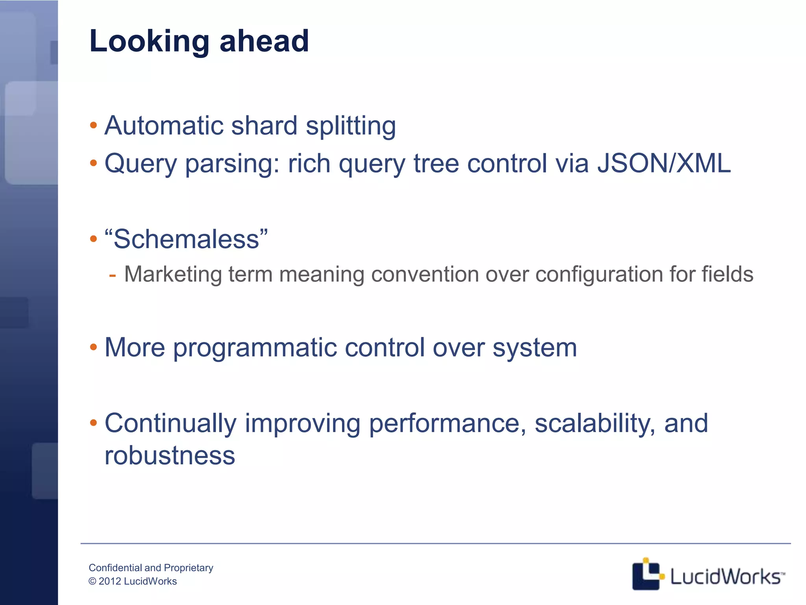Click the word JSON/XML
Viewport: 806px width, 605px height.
coord(664,163)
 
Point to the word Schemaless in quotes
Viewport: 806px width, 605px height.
coord(187,239)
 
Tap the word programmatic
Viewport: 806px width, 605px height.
coord(255,347)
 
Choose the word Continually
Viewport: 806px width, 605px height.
coord(170,423)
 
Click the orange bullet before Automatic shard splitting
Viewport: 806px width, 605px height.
coord(93,126)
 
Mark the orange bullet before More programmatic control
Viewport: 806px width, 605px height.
coord(93,347)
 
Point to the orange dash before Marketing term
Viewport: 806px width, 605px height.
coord(113,275)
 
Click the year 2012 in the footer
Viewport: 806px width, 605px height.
coord(110,581)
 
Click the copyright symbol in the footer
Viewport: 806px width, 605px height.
coord(92,581)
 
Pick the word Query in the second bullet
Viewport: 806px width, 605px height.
coord(140,164)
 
